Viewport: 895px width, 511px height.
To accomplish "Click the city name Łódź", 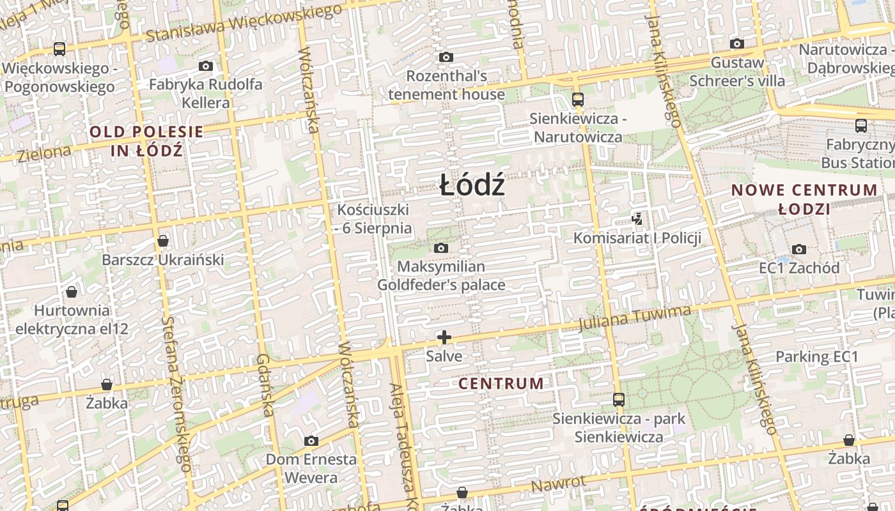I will pos(472,185).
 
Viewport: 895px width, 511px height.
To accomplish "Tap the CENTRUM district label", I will pos(501,383).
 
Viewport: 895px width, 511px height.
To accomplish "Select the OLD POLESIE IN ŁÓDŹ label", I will pos(146,141).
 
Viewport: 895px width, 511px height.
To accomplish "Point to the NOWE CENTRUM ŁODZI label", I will pos(804,199).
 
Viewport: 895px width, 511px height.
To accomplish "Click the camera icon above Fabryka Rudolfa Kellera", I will pos(205,66).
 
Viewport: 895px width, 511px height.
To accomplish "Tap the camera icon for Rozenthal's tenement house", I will pos(446,57).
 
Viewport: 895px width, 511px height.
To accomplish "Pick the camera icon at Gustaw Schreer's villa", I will pos(737,44).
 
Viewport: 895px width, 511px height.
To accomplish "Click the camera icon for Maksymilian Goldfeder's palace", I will pos(441,248).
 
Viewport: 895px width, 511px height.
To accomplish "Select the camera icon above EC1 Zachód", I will pos(798,249).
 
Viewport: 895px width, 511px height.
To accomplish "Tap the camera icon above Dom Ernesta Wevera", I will pos(311,441).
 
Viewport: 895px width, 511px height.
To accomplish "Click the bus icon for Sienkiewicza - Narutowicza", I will pos(578,99).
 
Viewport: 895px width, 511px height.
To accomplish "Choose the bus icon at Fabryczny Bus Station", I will pos(861,126).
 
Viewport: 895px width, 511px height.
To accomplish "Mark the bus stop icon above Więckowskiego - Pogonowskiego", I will pos(59,49).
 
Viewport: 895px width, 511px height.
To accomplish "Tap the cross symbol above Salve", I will pos(444,337).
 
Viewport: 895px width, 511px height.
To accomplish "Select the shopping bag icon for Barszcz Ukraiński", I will pos(163,241).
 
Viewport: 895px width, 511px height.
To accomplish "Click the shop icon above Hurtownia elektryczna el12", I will pos(72,292).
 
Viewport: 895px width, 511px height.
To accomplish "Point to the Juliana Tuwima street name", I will pos(634,319).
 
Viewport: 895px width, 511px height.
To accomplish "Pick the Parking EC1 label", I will pos(816,356).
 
